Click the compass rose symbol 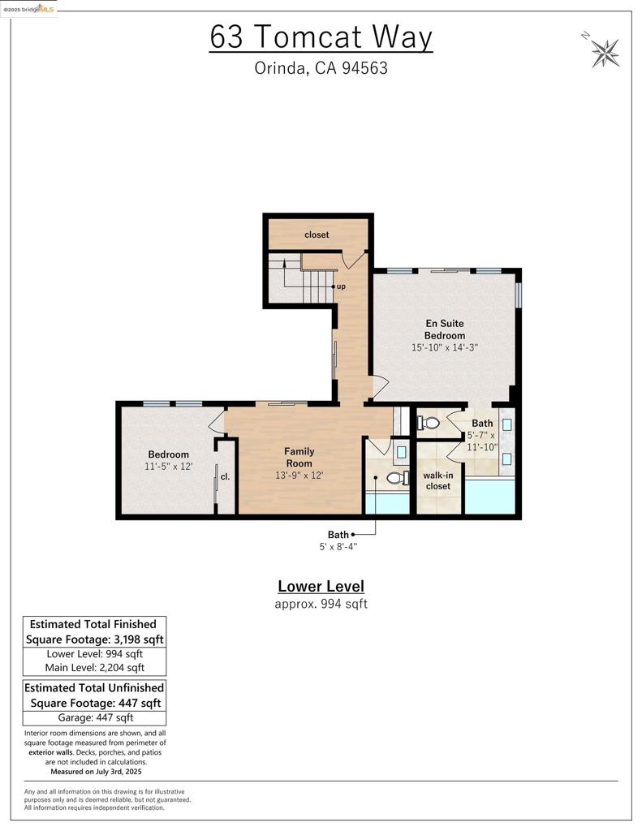tap(605, 53)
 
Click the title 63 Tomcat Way tap(321, 37)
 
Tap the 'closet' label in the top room tap(317, 235)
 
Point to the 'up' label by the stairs tap(341, 286)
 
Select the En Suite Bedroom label tap(444, 329)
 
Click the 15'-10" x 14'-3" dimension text tap(444, 347)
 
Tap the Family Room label tap(299, 457)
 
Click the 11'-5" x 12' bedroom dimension tap(168, 467)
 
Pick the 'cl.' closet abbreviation tap(225, 476)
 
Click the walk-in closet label tap(438, 480)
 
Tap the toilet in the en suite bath tap(429, 424)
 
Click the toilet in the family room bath tap(399, 478)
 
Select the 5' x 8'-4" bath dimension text tap(338, 546)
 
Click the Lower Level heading tap(321, 586)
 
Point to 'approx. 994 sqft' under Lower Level tap(321, 604)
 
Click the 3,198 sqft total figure tap(138, 639)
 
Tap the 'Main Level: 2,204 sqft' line tap(94, 668)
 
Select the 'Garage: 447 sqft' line tap(96, 717)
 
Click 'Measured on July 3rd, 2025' tap(96, 772)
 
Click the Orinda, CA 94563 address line tap(321, 68)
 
